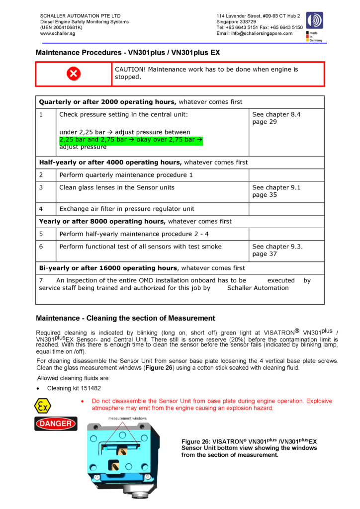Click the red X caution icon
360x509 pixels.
74,74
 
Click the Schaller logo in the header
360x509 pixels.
314,21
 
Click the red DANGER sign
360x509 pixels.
56,424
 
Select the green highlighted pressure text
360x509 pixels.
131,140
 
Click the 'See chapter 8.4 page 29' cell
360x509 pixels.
276,118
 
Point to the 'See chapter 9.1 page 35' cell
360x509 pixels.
276,191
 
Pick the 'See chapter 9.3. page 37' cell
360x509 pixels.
277,250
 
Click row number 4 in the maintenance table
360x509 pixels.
41,209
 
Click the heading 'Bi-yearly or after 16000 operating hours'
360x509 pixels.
108,268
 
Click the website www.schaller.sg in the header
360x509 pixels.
57,34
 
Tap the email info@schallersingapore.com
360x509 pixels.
254,34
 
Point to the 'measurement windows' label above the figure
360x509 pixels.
128,418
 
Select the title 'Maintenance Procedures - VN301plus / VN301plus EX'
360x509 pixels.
128,52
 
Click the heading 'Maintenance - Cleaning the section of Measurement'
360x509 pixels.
125,318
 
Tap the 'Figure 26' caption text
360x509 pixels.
249,448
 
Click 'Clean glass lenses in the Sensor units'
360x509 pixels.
117,187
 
